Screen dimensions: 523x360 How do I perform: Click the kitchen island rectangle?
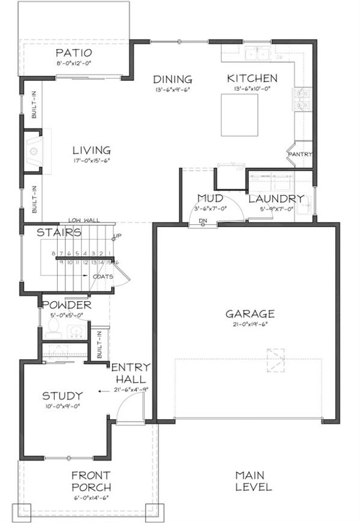click(241, 115)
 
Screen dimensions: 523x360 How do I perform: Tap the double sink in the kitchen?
click(257, 55)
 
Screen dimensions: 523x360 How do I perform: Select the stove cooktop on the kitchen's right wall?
click(302, 98)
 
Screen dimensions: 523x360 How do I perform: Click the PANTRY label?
click(300, 154)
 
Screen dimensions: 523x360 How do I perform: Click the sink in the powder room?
click(76, 330)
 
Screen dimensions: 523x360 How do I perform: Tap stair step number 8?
click(53, 254)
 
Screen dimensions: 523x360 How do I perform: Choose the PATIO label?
click(74, 52)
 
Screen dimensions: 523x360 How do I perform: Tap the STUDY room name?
click(62, 396)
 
